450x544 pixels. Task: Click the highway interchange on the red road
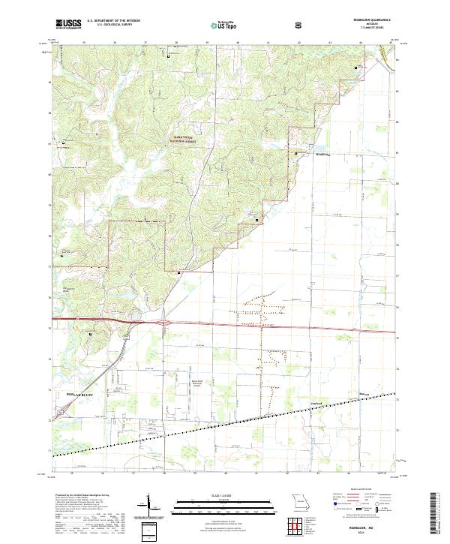(x=162, y=323)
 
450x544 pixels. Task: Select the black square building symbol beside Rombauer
(x=296, y=153)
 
